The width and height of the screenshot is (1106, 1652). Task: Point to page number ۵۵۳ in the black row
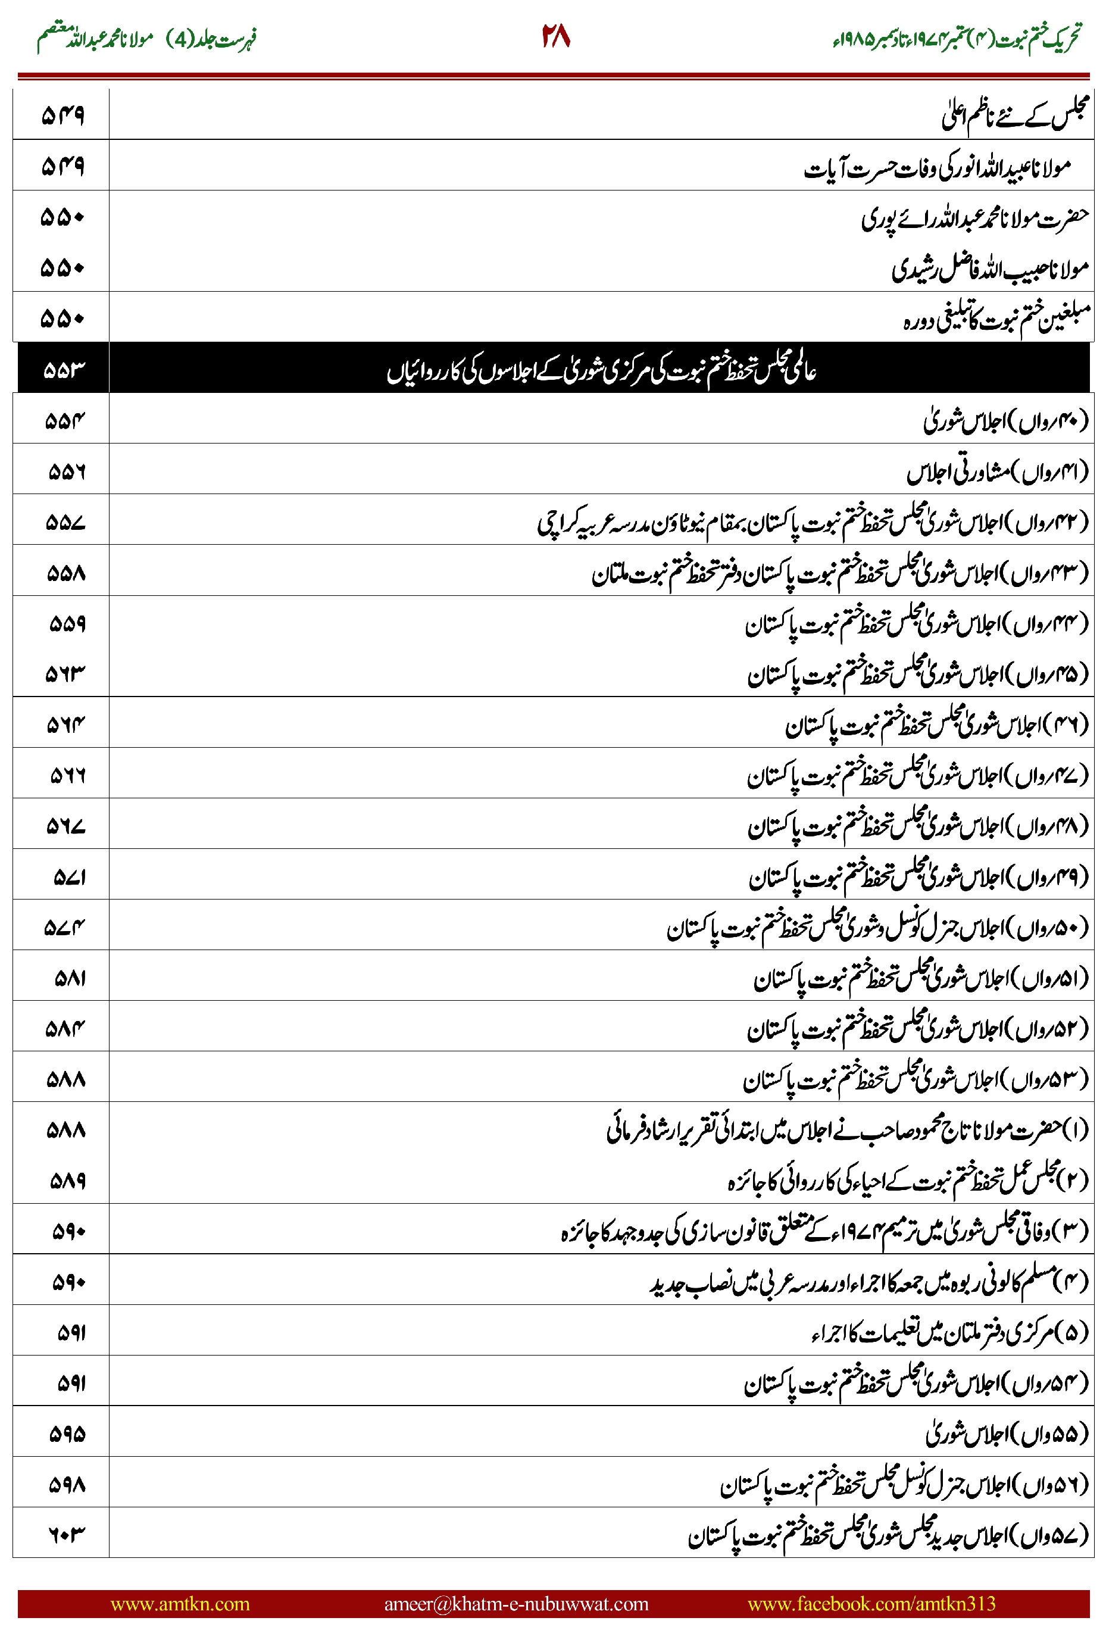pyautogui.click(x=64, y=369)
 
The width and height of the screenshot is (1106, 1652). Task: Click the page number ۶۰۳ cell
pyautogui.click(x=66, y=1533)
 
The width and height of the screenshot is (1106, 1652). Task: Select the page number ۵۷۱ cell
pyautogui.click(x=69, y=877)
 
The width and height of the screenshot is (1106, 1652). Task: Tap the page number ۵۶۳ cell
pyautogui.click(x=65, y=674)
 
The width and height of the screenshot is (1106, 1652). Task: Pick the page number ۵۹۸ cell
pyautogui.click(x=67, y=1484)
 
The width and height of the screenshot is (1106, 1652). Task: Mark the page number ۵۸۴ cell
pyautogui.click(x=65, y=1029)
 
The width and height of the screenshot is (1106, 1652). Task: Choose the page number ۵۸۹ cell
pyautogui.click(x=68, y=1181)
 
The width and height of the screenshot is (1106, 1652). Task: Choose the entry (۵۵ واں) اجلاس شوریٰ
pyautogui.click(x=1007, y=1434)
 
